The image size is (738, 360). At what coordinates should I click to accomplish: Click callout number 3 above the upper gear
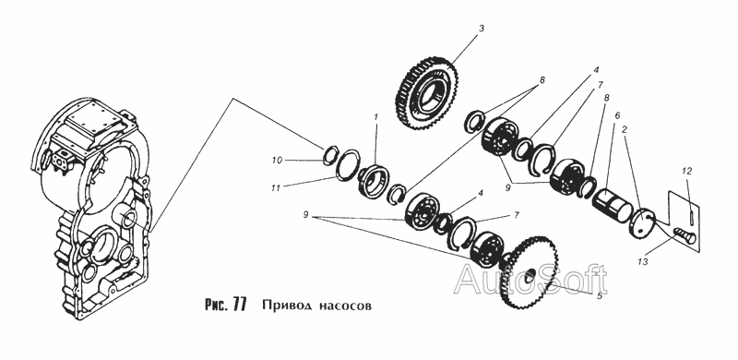(x=481, y=29)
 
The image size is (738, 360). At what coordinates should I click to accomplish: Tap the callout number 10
(x=277, y=161)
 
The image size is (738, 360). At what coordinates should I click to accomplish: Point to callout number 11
(x=276, y=188)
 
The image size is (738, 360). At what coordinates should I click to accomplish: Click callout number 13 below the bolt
(x=643, y=260)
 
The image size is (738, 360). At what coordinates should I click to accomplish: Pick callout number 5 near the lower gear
(x=599, y=296)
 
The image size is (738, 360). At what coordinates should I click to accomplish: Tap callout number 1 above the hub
(x=376, y=116)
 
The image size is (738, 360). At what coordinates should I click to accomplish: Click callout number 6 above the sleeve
(x=617, y=115)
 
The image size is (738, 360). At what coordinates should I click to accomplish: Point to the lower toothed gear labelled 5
(x=529, y=274)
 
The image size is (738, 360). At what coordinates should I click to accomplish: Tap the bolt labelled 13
(x=684, y=234)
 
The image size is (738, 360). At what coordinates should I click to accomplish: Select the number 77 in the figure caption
(x=239, y=306)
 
